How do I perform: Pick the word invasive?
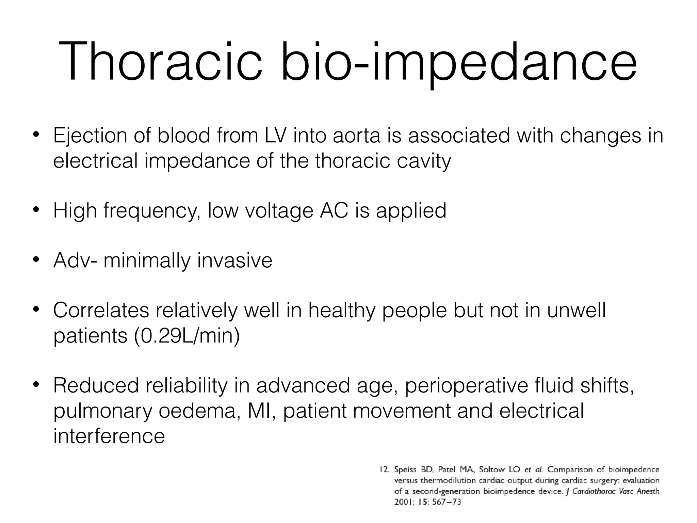[234, 260]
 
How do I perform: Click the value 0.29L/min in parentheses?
[187, 336]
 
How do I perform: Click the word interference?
[109, 437]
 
